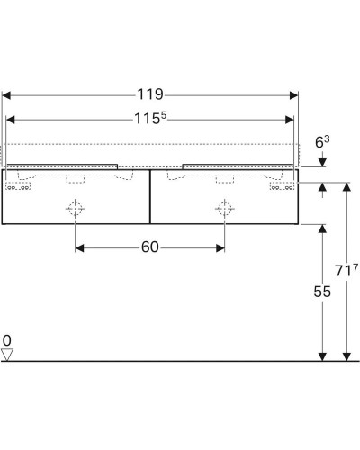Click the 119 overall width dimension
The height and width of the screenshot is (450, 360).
tap(150, 93)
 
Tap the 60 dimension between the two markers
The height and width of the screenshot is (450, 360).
tap(150, 247)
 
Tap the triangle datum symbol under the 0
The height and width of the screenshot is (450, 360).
tap(7, 355)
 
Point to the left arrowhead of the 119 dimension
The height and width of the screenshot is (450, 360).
tap(8, 93)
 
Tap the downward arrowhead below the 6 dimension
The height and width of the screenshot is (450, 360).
tap(323, 163)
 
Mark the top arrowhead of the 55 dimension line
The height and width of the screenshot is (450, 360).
tap(323, 228)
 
